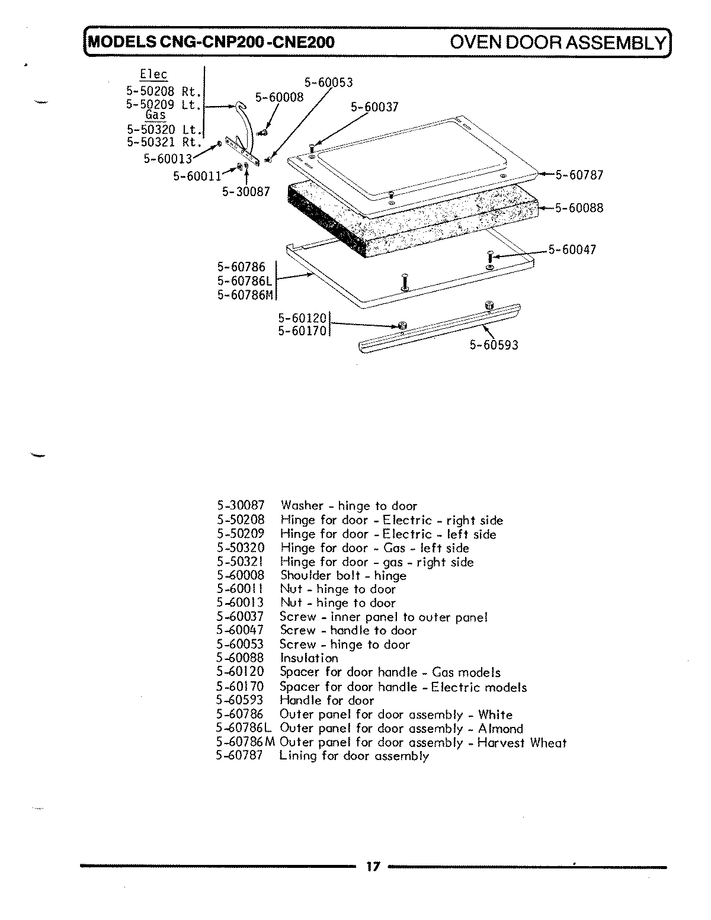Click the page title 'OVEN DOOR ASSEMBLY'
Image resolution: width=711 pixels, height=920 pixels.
(x=558, y=43)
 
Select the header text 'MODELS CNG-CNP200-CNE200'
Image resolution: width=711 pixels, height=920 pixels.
(x=211, y=43)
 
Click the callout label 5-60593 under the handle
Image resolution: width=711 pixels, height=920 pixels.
(x=494, y=345)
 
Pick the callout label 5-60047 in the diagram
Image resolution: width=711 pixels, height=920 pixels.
(x=572, y=250)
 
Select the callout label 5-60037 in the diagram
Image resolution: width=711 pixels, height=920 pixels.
(x=374, y=107)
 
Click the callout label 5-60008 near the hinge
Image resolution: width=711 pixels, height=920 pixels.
(x=279, y=97)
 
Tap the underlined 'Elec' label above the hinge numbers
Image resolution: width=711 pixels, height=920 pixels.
(x=153, y=75)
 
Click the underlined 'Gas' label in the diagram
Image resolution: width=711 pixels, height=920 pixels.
(x=155, y=116)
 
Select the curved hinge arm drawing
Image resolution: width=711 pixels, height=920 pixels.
(x=246, y=127)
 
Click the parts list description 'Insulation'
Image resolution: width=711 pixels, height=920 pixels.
(x=309, y=658)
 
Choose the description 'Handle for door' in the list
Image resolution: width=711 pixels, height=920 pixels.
(x=326, y=700)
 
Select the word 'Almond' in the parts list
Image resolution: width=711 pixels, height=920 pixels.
(x=501, y=729)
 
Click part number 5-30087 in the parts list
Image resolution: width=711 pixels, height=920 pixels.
(x=241, y=506)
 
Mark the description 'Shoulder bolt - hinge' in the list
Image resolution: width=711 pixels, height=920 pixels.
(x=343, y=576)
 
